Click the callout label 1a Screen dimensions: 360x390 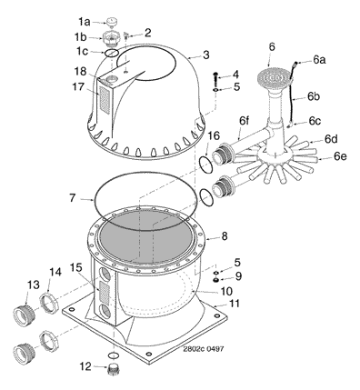click(85, 22)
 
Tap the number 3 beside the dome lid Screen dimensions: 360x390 click(206, 55)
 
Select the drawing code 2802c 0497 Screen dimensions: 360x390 click(204, 349)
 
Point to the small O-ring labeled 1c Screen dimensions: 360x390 click(112, 53)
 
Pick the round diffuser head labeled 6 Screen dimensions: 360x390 click(275, 77)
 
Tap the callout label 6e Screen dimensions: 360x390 click(340, 156)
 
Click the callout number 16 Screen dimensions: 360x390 click(214, 135)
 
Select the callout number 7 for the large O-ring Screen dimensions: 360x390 click(72, 198)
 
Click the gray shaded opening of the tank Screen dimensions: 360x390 click(146, 235)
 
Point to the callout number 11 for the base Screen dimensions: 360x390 click(234, 304)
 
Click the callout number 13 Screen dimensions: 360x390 click(34, 285)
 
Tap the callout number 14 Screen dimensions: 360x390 click(55, 272)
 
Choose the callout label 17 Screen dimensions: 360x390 click(78, 86)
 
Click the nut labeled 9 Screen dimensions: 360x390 click(216, 280)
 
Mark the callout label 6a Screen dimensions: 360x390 click(319, 60)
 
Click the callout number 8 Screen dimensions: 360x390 click(225, 236)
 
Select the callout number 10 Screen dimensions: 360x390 click(226, 291)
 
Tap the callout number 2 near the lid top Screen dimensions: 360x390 click(147, 33)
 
